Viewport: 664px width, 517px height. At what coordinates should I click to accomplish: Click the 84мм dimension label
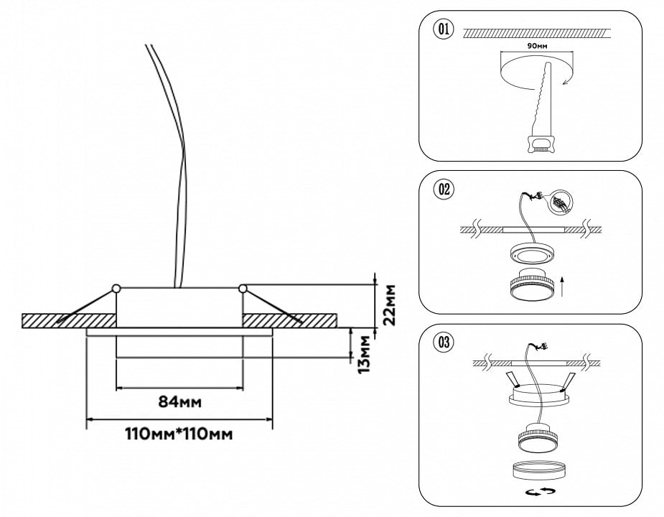(179, 401)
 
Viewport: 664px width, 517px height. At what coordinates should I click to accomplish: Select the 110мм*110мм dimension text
(179, 434)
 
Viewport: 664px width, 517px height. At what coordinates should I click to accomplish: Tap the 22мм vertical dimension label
(388, 305)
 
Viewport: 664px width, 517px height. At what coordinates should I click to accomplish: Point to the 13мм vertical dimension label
(365, 353)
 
